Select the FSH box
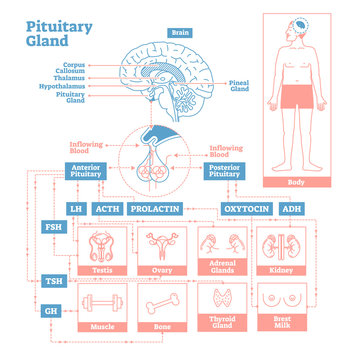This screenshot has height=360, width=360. [51, 229]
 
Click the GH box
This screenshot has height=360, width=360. [51, 311]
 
